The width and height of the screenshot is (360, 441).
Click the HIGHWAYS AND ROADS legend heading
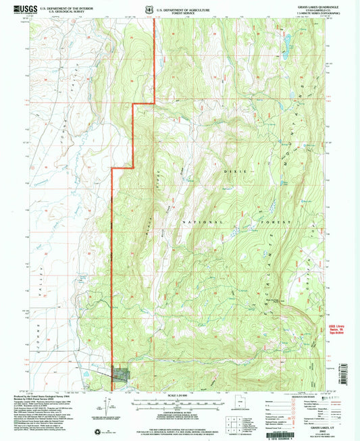point(315,396)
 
